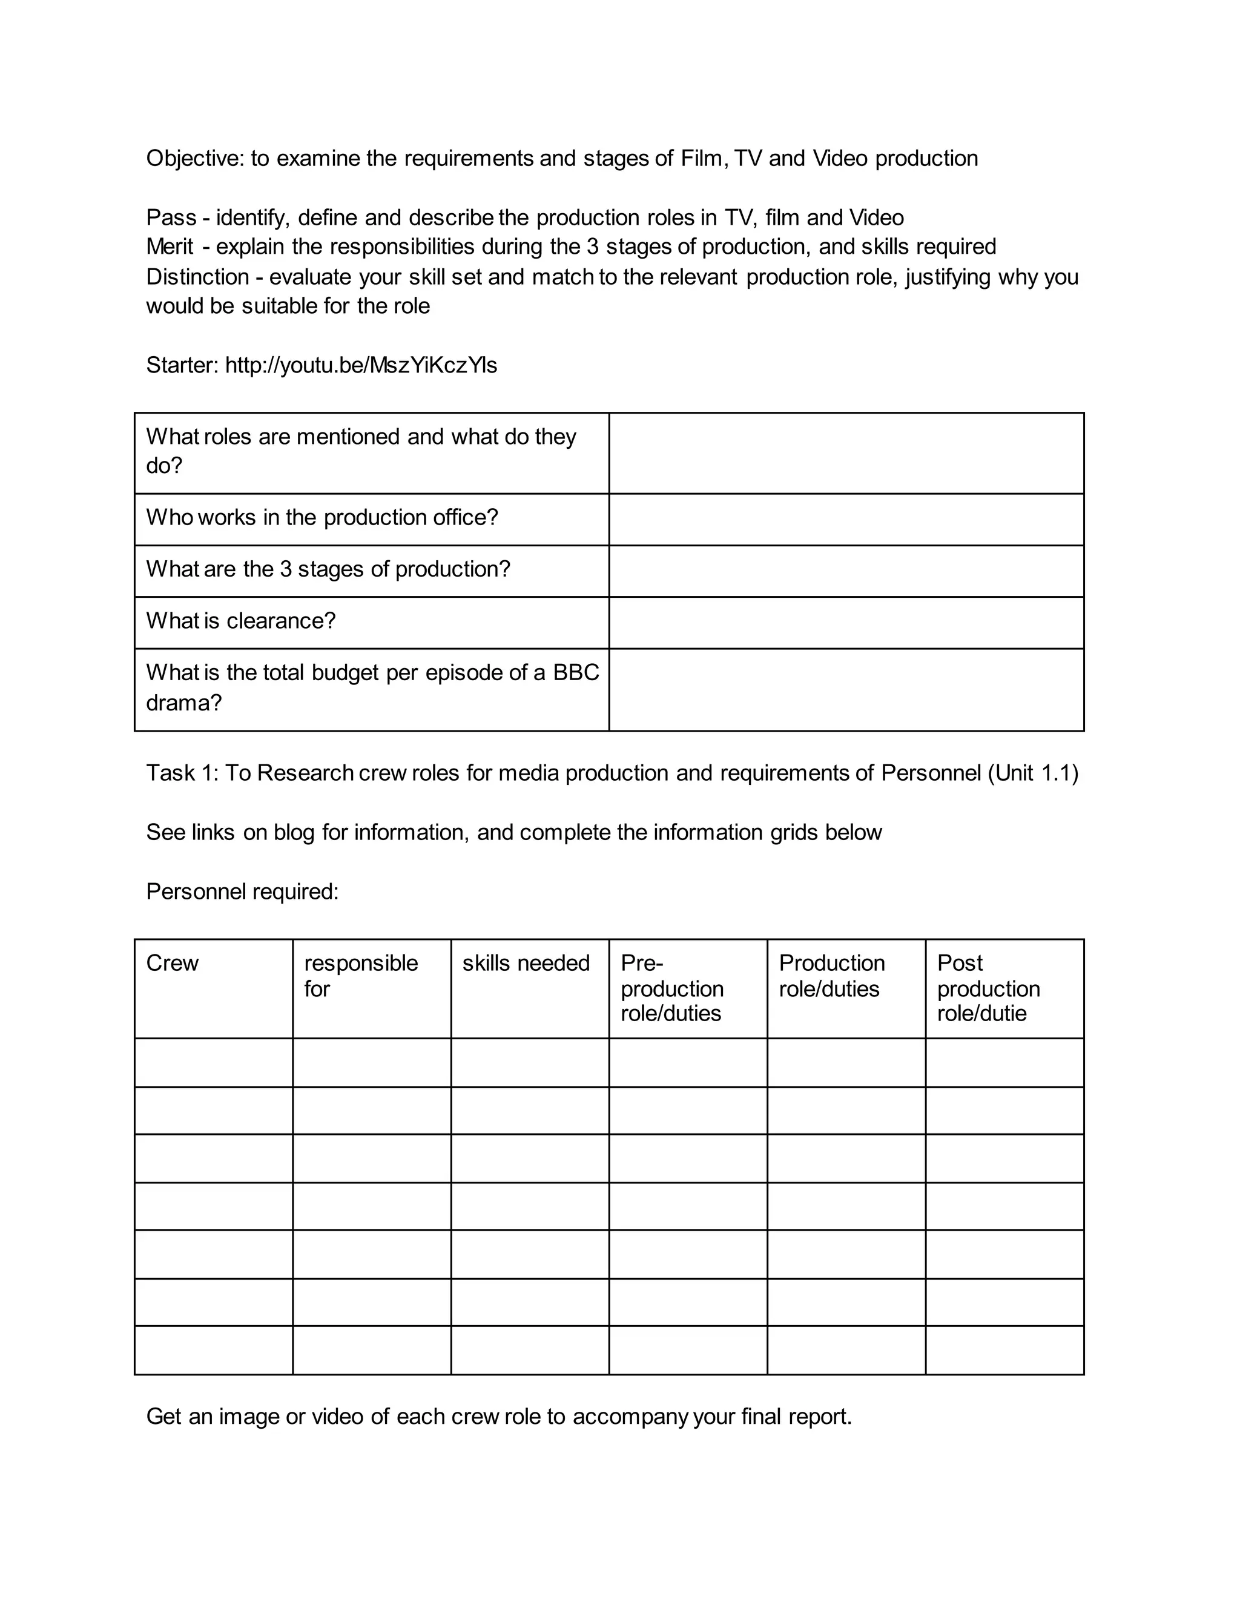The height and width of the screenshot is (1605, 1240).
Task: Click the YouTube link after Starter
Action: point(361,365)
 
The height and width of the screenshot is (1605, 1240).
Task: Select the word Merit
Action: point(170,247)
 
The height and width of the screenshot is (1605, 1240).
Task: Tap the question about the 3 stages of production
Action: point(328,569)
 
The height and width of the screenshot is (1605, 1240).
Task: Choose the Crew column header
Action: point(173,964)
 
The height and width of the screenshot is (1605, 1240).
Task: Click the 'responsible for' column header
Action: point(360,976)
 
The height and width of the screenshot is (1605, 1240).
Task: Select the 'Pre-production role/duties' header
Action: point(671,988)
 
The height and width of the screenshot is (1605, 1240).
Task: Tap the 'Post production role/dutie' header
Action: point(988,988)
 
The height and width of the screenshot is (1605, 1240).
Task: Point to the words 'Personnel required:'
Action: point(242,892)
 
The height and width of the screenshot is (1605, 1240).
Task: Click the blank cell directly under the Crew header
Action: point(213,1063)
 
